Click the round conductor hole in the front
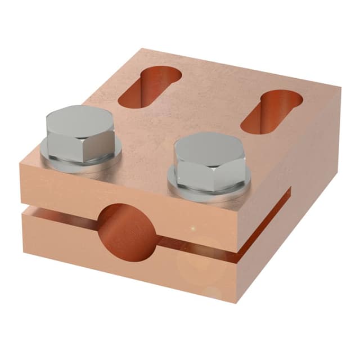[x=124, y=231]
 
